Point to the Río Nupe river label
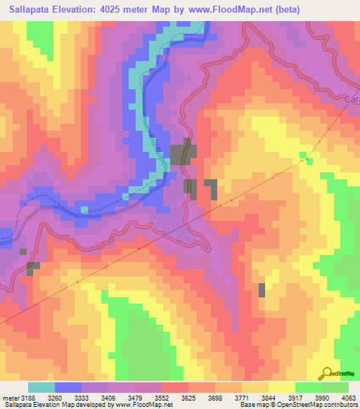tap(158, 150)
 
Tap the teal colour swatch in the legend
tap(41, 388)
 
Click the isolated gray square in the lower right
tap(262, 290)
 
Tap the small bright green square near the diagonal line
tap(303, 155)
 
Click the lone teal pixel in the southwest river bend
tap(84, 209)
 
